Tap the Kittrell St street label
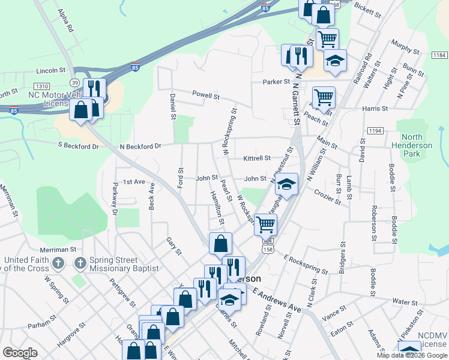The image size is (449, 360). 257,158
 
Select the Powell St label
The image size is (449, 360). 206,95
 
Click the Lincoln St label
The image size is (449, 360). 50,70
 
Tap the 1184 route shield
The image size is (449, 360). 438,55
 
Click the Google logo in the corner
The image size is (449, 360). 20,353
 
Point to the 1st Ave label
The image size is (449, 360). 134,181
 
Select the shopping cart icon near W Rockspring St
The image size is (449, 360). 265,224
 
